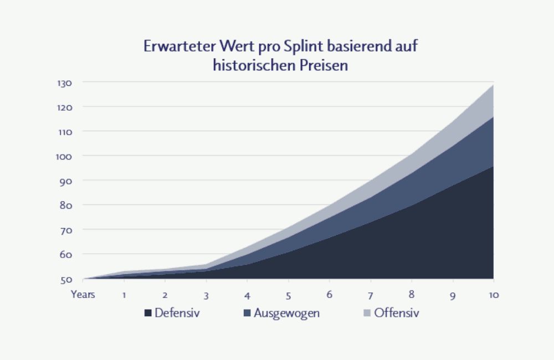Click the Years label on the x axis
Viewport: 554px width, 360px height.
pyautogui.click(x=83, y=294)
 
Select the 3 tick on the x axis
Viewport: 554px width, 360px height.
pyautogui.click(x=206, y=295)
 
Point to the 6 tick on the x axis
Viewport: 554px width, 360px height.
pyautogui.click(x=329, y=295)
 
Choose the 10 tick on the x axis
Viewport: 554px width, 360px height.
pyautogui.click(x=493, y=295)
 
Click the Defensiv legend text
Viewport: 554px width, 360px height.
pyautogui.click(x=177, y=313)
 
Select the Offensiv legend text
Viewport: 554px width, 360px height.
pyautogui.click(x=397, y=313)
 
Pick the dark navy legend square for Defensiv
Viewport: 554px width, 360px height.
pyautogui.click(x=148, y=313)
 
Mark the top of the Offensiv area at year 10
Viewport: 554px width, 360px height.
pyautogui.click(x=493, y=85)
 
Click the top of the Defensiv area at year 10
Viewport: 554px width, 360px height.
pyautogui.click(x=493, y=167)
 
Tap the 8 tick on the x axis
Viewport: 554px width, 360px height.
pyautogui.click(x=411, y=295)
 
